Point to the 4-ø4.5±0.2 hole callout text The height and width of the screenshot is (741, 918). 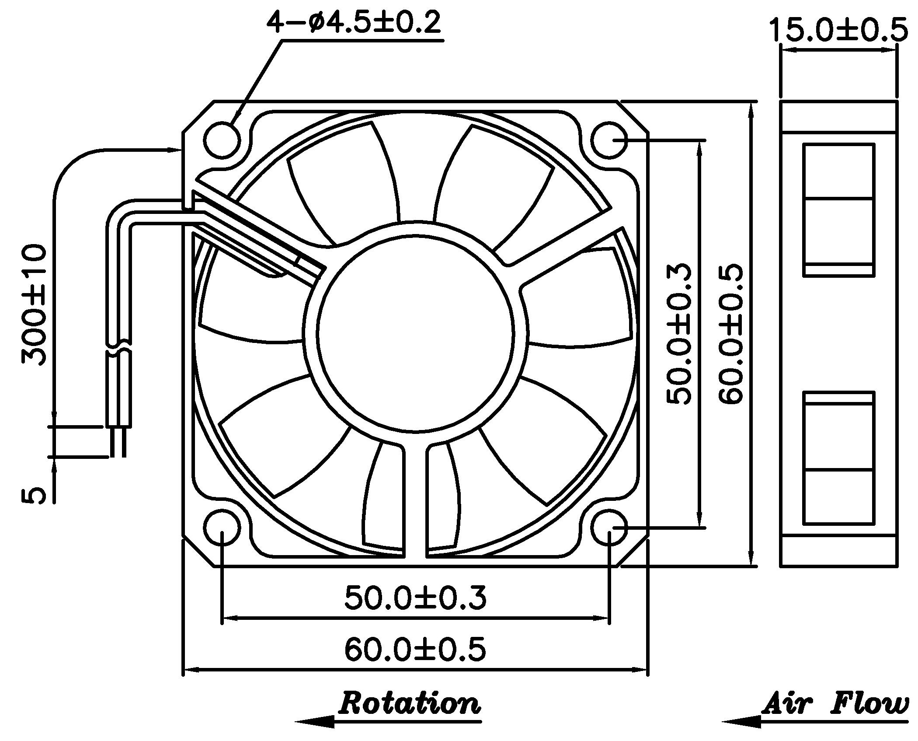coord(354,23)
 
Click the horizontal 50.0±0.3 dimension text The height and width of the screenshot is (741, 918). coord(415,598)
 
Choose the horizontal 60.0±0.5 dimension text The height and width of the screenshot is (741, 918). coord(415,649)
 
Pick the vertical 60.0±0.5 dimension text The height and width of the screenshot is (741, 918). coord(730,333)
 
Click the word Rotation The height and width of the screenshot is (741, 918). coord(410,703)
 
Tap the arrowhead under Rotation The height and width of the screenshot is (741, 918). coord(315,722)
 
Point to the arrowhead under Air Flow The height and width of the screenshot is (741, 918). coord(742,722)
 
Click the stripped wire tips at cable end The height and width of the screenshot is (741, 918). coord(118,442)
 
